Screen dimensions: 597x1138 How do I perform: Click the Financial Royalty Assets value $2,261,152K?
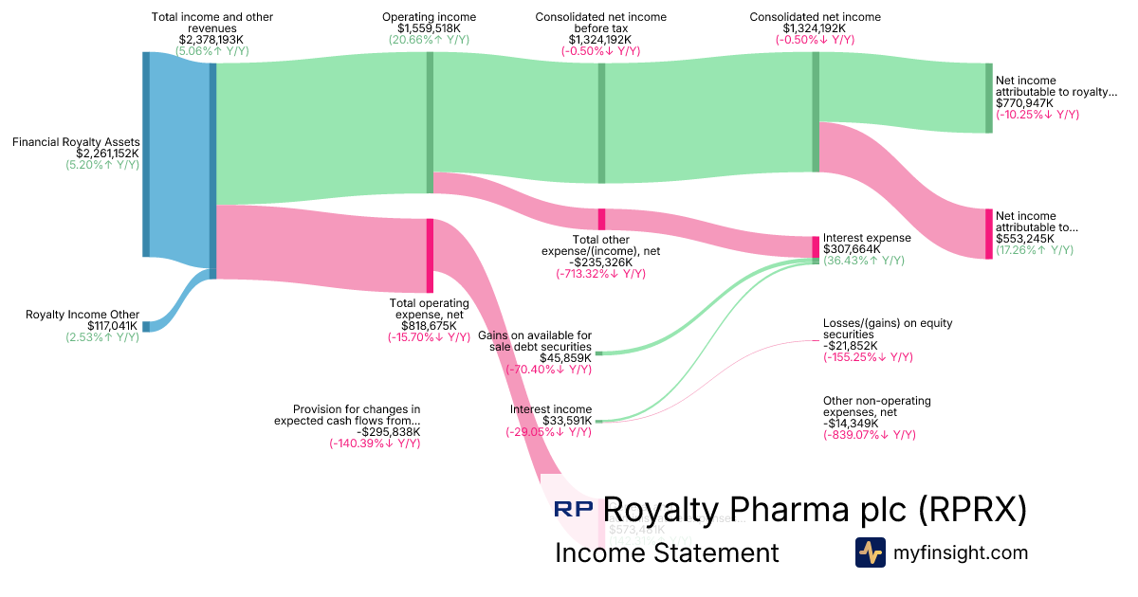(x=107, y=153)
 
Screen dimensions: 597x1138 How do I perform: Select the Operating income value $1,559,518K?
(x=429, y=28)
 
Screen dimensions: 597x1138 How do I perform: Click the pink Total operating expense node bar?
(x=430, y=256)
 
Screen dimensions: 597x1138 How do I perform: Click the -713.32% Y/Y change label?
(x=600, y=274)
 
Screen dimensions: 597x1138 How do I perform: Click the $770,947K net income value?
(x=1024, y=102)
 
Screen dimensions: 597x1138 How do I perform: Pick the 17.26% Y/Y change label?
(x=1034, y=250)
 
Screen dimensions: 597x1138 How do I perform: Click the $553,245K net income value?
(x=1024, y=239)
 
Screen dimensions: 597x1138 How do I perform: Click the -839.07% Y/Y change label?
(x=870, y=435)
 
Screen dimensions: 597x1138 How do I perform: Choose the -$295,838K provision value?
(x=389, y=431)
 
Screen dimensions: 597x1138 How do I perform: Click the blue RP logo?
(x=574, y=510)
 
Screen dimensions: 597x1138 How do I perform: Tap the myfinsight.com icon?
(x=870, y=552)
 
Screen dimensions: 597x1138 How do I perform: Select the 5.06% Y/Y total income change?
(x=212, y=51)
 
